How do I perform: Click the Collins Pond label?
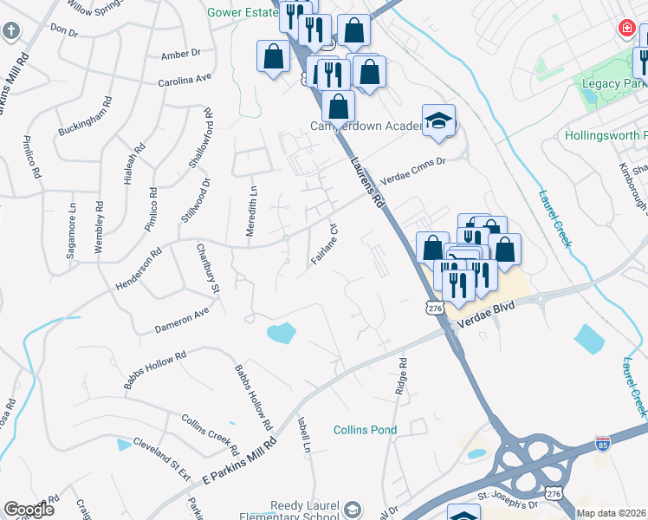(365, 430)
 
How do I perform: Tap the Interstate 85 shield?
(604, 444)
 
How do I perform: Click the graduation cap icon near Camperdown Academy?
(438, 122)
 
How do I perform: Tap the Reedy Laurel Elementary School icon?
(352, 509)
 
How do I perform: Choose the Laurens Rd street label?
(366, 182)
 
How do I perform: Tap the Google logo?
(29, 510)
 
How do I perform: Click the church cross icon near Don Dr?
(10, 32)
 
